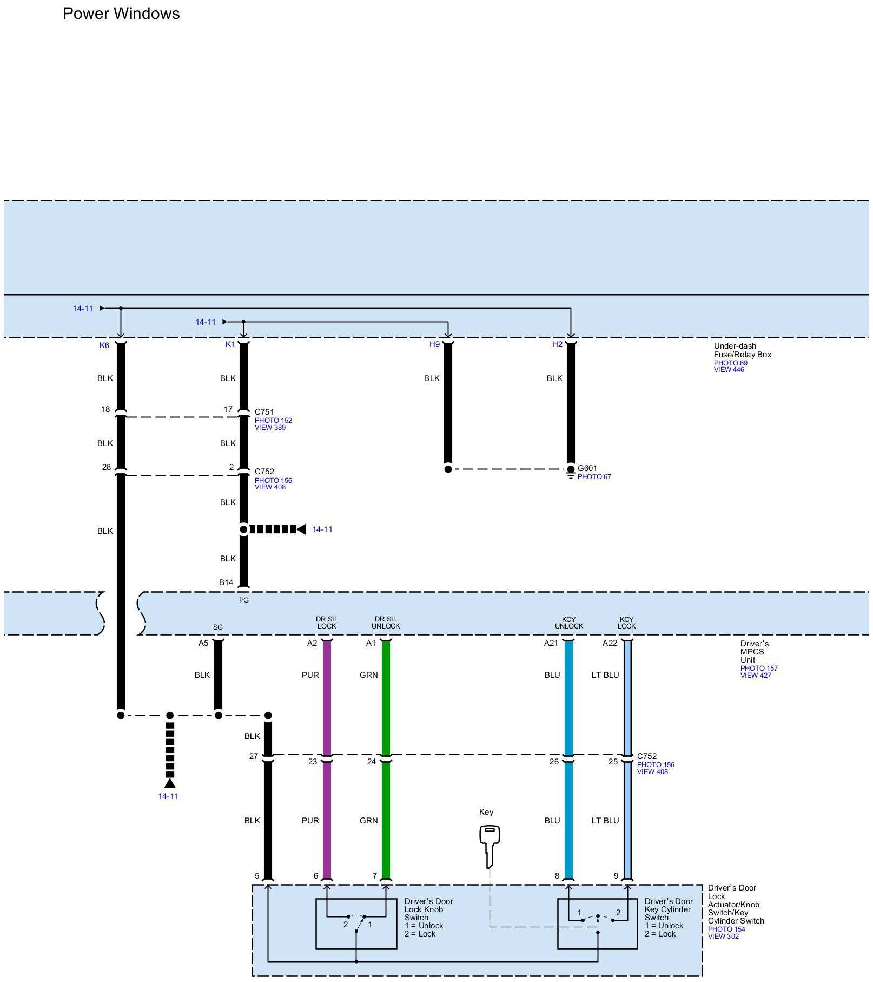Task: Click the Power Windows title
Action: [121, 14]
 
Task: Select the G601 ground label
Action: [587, 468]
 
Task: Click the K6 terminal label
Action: [104, 345]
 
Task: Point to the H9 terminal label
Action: [434, 344]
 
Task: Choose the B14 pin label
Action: [226, 582]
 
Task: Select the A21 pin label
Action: [551, 643]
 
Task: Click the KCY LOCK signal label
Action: [626, 623]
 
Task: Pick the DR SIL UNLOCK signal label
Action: [386, 623]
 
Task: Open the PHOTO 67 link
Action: [594, 477]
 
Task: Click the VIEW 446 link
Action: [729, 370]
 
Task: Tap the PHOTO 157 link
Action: [759, 669]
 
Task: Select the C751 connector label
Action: [264, 412]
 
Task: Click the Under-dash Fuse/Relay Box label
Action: [742, 350]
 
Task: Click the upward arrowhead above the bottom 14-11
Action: [170, 783]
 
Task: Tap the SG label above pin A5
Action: [217, 627]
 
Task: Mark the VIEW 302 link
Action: [723, 937]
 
